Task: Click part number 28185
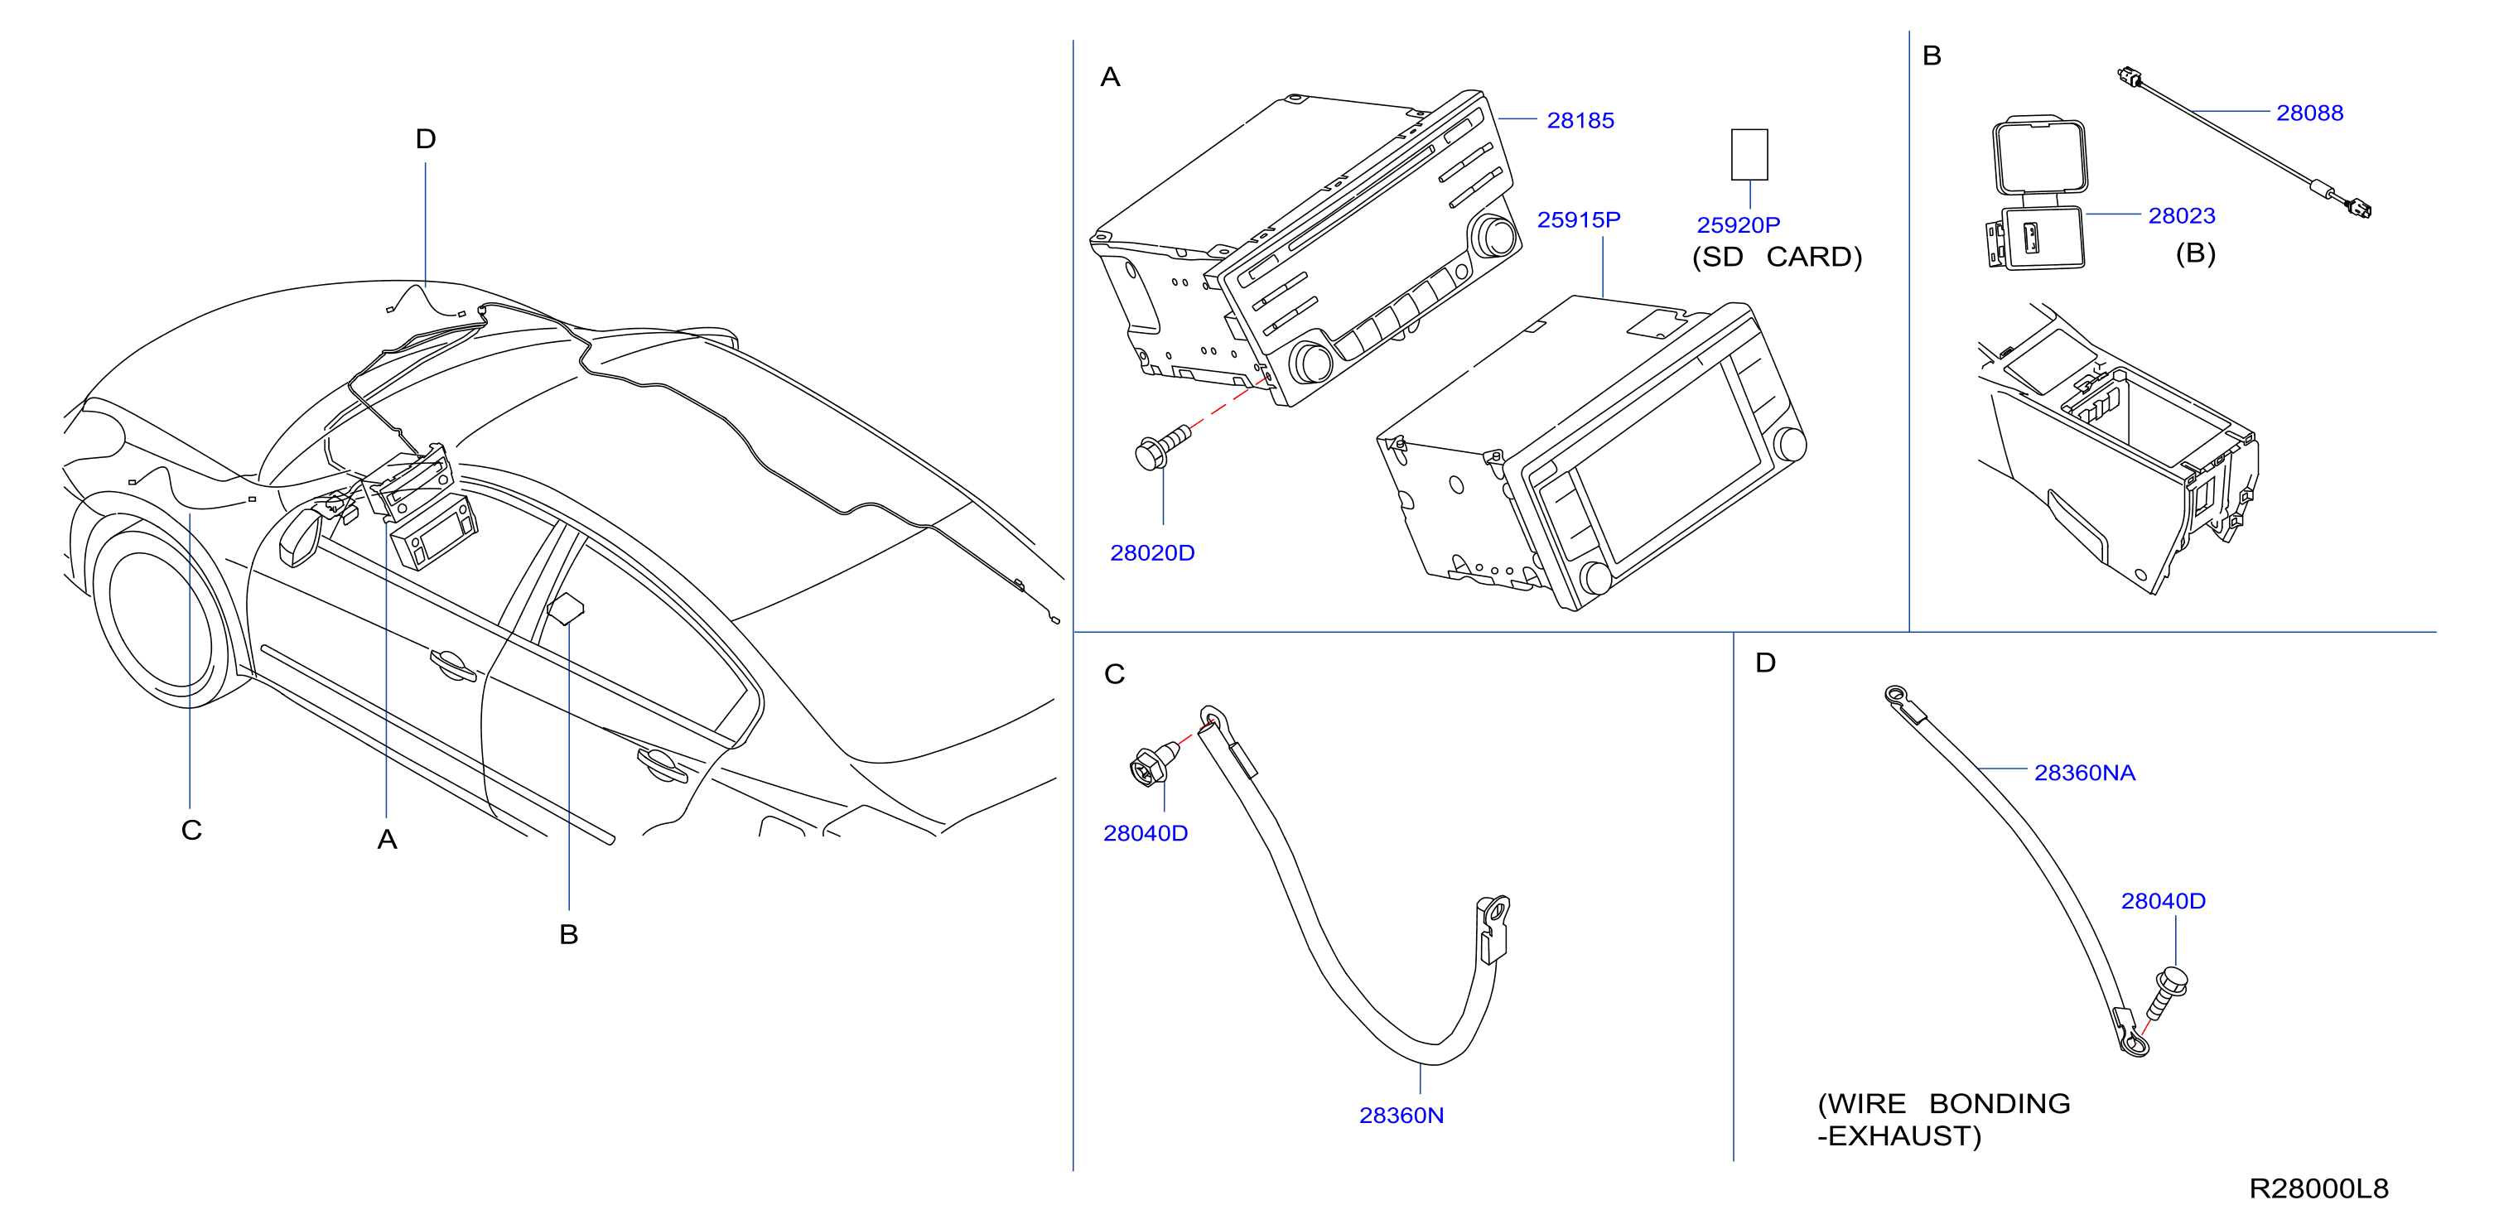tap(1580, 120)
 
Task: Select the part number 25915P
tap(1579, 220)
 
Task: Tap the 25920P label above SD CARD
tap(1738, 225)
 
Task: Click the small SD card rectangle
tap(1749, 154)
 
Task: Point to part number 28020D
tap(1151, 553)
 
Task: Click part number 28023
tap(2181, 215)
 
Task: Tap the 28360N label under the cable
tap(1401, 1116)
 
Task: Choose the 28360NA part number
tap(2084, 774)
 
